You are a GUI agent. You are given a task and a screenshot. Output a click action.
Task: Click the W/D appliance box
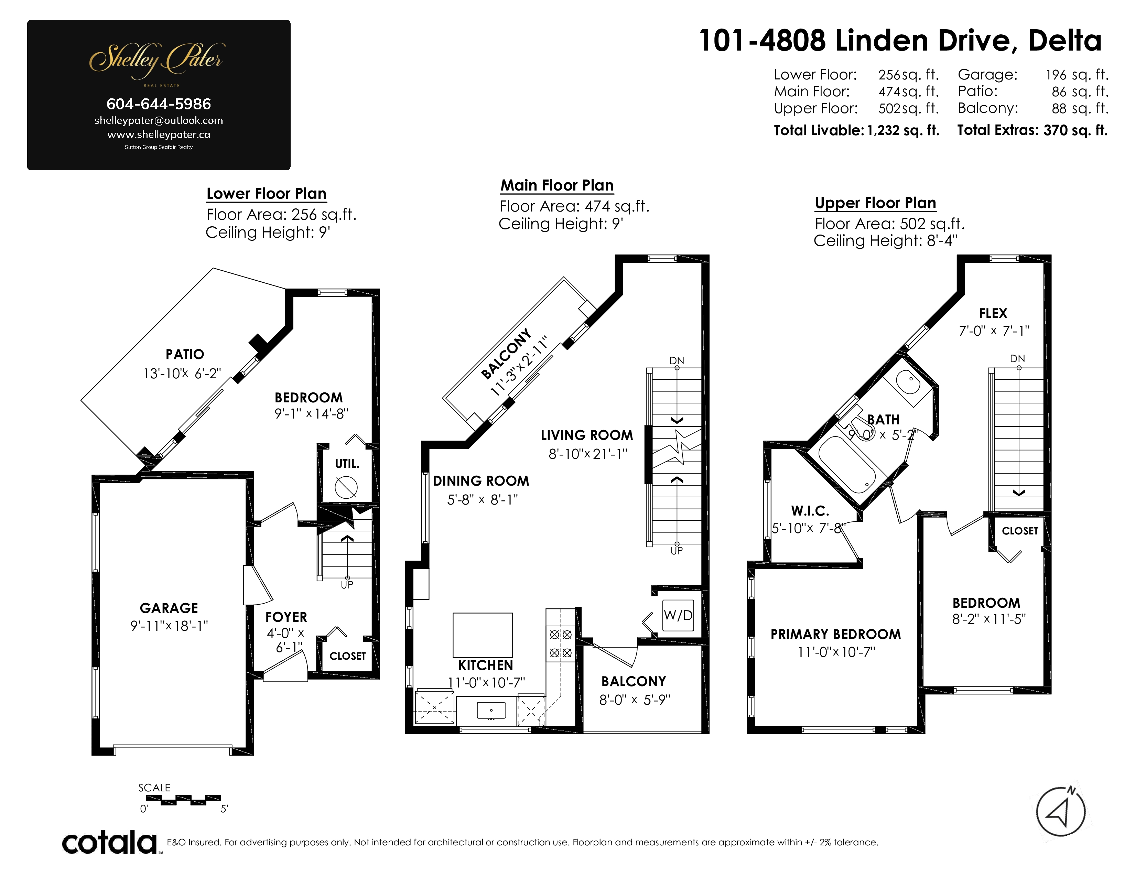(678, 615)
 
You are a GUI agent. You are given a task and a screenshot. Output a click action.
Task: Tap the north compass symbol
(1061, 811)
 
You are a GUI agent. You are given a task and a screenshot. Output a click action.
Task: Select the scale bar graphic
(183, 800)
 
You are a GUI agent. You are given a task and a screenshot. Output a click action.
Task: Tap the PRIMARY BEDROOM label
(836, 635)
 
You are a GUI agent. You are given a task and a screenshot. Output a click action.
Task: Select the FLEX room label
(993, 313)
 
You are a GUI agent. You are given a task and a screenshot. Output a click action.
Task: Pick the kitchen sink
(490, 710)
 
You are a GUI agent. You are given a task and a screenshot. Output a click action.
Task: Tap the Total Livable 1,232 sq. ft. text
(856, 130)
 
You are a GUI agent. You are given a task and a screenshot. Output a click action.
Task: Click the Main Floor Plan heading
(557, 185)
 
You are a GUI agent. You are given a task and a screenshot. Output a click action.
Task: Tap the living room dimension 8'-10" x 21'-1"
(588, 454)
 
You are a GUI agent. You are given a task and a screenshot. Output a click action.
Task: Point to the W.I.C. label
(810, 511)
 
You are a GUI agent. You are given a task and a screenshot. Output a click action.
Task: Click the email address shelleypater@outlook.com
(159, 120)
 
